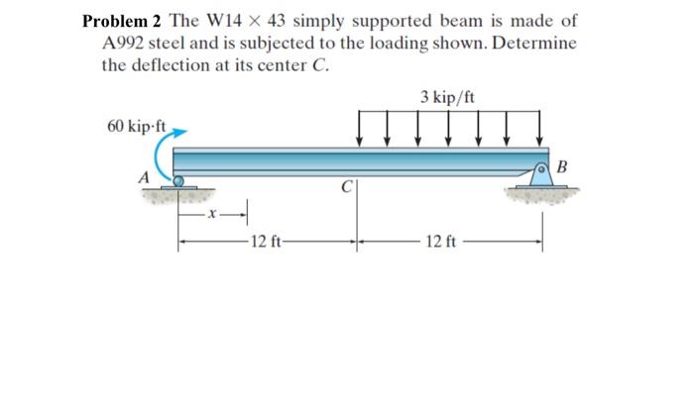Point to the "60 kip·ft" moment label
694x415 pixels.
137,127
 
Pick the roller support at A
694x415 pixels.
178,181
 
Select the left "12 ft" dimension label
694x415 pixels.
266,241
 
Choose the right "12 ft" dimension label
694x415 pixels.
440,241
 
